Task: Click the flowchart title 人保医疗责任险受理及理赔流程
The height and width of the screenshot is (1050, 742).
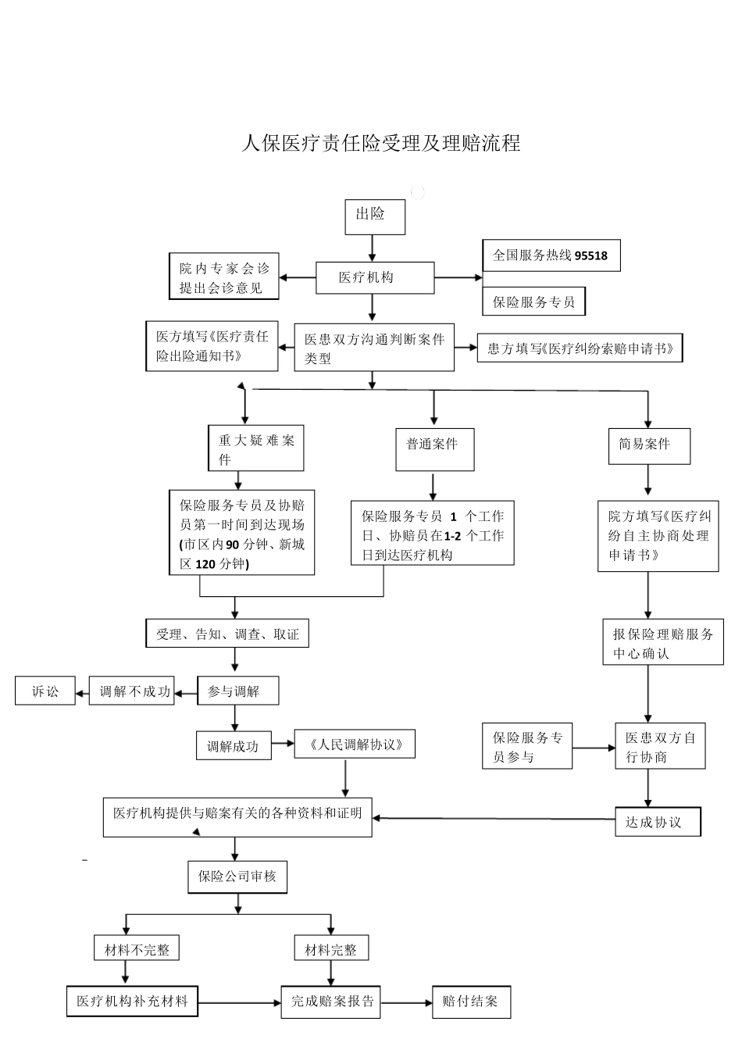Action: pos(380,143)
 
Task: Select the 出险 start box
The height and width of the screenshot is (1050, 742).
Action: pos(375,216)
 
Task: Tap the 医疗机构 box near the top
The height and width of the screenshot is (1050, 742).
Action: pos(374,277)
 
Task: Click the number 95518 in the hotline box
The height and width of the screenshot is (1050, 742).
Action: pos(591,255)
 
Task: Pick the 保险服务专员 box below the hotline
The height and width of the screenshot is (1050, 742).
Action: pos(533,302)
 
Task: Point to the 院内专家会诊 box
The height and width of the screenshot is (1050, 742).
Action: pos(223,277)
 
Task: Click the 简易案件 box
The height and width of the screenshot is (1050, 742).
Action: pos(648,446)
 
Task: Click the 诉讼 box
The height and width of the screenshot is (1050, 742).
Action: pos(45,691)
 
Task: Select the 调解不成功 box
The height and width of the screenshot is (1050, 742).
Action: pos(134,691)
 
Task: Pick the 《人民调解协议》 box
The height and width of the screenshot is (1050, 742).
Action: pos(355,745)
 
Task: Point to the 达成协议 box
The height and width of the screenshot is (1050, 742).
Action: pos(658,822)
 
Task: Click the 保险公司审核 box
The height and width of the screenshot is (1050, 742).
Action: pos(237,877)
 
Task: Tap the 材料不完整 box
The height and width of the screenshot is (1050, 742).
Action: pos(137,949)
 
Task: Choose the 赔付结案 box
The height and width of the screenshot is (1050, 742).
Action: pos(471,1002)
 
